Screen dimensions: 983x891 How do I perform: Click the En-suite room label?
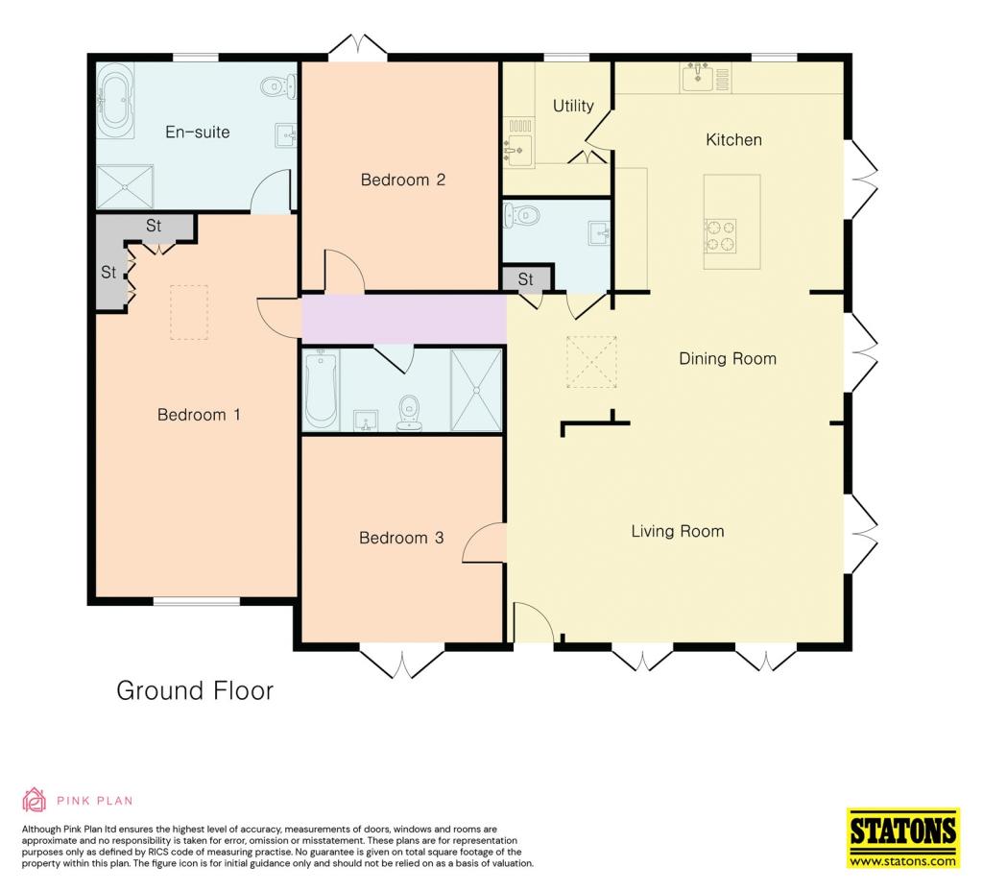pos(198,132)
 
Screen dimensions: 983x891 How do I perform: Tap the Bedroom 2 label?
pos(403,180)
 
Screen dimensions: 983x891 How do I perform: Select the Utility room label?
pos(573,106)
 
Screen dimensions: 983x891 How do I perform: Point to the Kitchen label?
pos(733,139)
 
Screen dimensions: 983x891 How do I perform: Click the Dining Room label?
pos(728,359)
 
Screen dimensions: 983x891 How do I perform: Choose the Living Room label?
pos(678,531)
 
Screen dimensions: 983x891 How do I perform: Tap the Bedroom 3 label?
pos(401,538)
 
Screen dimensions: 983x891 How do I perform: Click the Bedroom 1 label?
pos(199,415)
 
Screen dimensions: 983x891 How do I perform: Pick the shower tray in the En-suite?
pos(125,187)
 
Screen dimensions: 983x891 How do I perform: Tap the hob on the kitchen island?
pos(720,236)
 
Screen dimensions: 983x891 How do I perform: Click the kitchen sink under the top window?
pos(698,77)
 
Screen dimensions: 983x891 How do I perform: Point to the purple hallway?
pos(404,319)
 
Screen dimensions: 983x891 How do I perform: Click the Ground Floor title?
pos(195,690)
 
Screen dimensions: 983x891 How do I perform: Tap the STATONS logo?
pos(903,837)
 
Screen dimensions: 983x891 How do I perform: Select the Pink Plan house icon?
pos(34,800)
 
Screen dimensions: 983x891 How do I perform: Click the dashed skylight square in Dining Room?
pos(591,362)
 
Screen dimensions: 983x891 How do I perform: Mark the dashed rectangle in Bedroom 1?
pos(189,312)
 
